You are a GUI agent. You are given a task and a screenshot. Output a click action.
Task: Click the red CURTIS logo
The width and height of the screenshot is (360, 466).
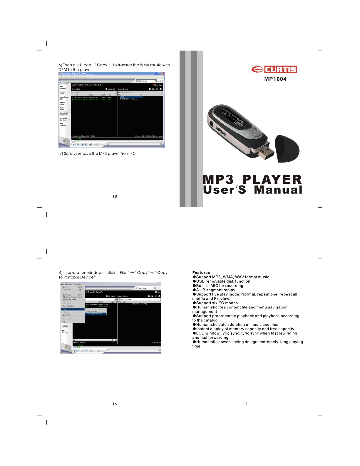coord(274,69)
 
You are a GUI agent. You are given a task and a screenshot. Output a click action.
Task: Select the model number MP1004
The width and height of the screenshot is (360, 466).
coord(275,79)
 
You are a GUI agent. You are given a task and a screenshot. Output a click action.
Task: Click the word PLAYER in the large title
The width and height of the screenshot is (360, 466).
coord(272,179)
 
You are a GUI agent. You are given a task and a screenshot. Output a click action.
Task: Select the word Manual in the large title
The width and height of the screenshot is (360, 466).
coord(278,190)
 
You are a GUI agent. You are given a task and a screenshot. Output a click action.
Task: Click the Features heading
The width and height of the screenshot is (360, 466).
coord(201,273)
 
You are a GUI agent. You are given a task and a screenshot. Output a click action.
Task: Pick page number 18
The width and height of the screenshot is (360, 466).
coord(115,196)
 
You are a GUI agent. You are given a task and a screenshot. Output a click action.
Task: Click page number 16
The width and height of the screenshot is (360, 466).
coord(115,404)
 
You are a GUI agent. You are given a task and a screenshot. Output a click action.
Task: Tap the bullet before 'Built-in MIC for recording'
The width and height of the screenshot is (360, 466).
coord(194,285)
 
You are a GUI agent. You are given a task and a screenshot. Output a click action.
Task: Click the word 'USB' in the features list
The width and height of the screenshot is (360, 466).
coord(200,281)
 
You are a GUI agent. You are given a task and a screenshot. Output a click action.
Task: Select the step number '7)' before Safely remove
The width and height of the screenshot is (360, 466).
coord(61,153)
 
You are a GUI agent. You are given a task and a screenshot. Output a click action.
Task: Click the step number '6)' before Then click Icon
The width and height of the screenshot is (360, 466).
coord(60,65)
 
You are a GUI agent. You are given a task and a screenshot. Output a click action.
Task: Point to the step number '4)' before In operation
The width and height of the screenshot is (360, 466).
coord(61,273)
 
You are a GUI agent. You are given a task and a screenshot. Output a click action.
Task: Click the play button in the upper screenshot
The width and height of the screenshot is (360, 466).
coord(73,144)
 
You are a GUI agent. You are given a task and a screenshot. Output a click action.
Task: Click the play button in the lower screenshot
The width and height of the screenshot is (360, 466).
coord(75,351)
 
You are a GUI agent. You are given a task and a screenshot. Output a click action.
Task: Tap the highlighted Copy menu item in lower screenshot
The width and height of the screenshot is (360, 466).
coord(73,309)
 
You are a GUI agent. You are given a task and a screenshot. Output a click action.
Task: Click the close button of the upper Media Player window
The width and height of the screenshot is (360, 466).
coord(163,74)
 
